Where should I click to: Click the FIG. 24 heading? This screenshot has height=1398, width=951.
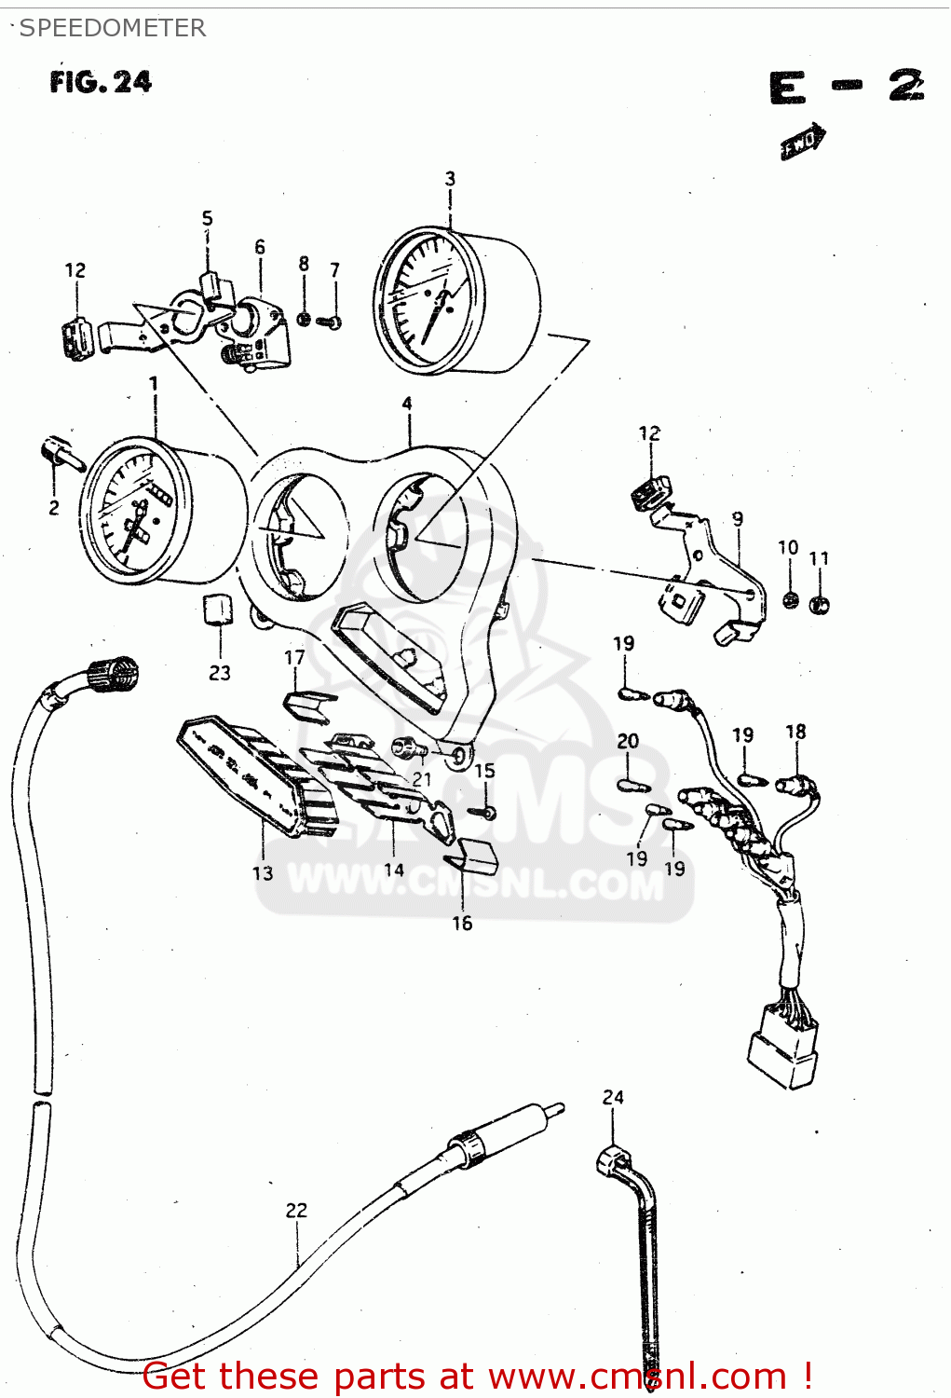point(101,82)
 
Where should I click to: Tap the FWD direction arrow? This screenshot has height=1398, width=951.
point(802,142)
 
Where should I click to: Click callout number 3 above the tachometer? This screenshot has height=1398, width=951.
point(450,178)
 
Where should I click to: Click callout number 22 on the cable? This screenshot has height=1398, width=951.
point(295,1210)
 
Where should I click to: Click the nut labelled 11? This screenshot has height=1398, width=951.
point(819,605)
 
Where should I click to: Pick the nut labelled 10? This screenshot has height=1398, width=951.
point(790,599)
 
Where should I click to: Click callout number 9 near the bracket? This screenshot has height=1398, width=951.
point(737,519)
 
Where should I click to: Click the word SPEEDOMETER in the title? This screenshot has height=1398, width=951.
point(112,28)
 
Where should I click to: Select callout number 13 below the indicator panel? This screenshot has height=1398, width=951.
point(263,872)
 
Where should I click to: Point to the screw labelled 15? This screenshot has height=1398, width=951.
point(484,812)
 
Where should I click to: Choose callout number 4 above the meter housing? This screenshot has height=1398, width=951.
point(407,404)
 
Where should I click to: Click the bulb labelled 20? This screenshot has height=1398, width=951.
point(632,785)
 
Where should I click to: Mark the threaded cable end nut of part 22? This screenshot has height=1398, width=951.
point(113,673)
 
